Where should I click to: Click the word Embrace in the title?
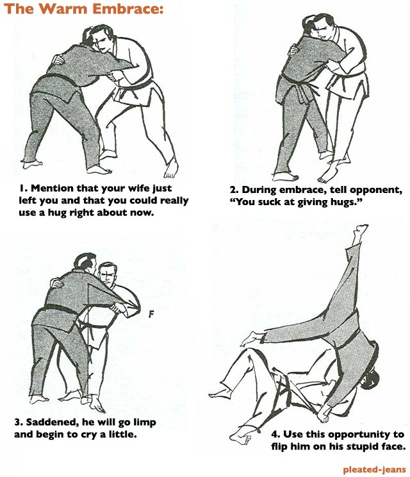(x=127, y=8)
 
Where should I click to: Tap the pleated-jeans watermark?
(x=374, y=470)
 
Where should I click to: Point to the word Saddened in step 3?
(x=49, y=423)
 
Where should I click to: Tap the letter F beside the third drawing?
(x=151, y=314)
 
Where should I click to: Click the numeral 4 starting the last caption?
(x=274, y=435)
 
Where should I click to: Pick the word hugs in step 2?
(x=350, y=203)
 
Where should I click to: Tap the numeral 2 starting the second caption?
(x=233, y=190)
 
